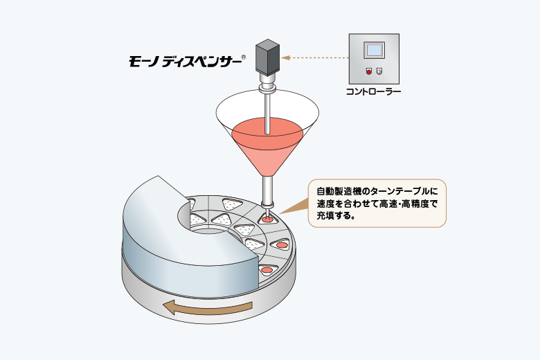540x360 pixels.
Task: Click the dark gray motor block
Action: (267, 57)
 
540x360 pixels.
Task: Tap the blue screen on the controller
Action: (374, 51)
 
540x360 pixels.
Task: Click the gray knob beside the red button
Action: (379, 71)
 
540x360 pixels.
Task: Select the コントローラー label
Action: (373, 91)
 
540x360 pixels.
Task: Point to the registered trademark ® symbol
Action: (244, 57)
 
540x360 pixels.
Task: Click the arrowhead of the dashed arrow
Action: (285, 57)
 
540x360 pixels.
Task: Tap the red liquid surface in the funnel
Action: (267, 134)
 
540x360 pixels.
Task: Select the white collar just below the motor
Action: (267, 82)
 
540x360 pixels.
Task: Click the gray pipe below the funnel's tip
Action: (267, 190)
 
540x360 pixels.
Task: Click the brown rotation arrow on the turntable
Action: (208, 307)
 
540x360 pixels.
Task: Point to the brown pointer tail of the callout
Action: (295, 206)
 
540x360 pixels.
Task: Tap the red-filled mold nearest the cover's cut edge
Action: (268, 269)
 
